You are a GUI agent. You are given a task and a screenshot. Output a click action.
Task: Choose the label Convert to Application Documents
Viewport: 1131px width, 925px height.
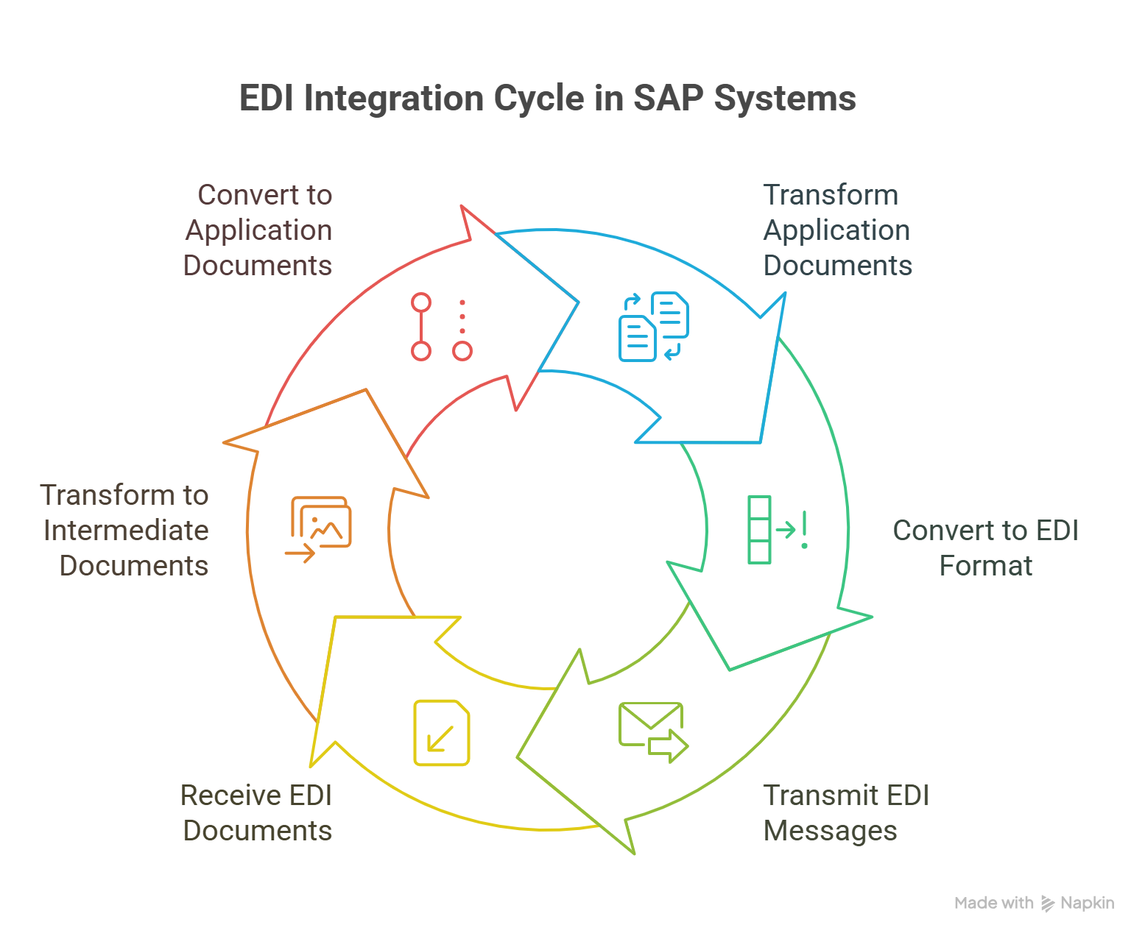(x=257, y=233)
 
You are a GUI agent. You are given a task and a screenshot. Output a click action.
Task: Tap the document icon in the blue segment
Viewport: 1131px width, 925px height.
(x=658, y=328)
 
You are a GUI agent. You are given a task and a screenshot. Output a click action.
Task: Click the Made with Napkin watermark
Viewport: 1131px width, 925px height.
(x=1035, y=905)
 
